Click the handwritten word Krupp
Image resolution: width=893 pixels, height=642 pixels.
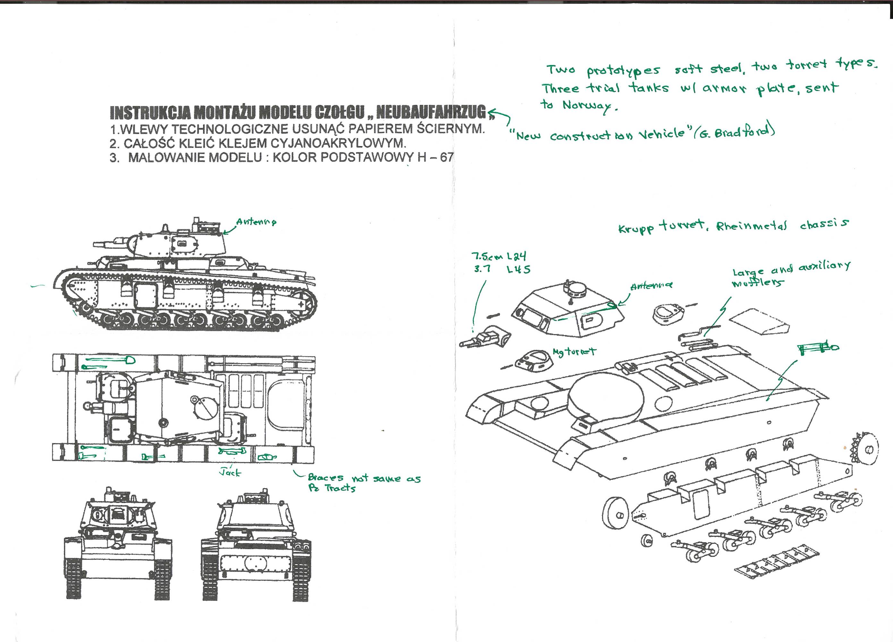[x=636, y=229]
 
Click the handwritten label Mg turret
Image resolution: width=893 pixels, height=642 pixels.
[x=574, y=351]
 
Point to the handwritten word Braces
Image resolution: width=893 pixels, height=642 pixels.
[x=325, y=478]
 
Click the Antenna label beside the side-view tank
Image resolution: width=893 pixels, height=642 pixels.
[x=256, y=221]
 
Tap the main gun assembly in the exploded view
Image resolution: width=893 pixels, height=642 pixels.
[x=486, y=338]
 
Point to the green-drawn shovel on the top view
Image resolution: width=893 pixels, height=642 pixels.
[x=110, y=360]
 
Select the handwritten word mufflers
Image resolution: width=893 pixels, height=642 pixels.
[x=757, y=282]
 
